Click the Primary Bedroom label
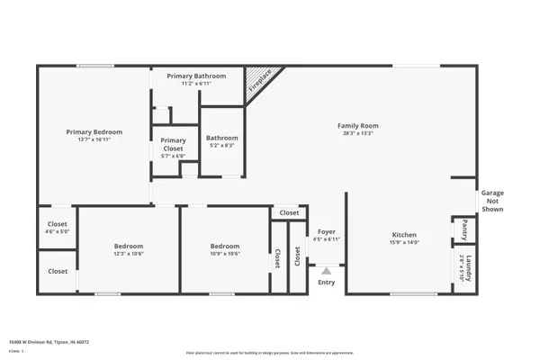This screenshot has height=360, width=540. point(94,132)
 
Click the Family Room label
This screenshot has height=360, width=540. point(357,125)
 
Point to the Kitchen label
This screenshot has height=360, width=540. point(403,235)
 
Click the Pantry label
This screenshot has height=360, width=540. point(464,225)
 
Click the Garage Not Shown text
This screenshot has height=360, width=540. point(492,201)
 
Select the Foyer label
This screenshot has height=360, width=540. point(326,231)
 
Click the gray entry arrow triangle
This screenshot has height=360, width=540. point(326,269)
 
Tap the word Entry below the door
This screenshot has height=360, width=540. point(326,283)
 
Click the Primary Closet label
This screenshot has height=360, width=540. point(173,140)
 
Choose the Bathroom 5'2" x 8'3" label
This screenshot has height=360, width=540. point(220,138)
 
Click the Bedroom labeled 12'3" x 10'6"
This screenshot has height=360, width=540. point(129,246)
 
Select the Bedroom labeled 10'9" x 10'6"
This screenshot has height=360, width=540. point(225,246)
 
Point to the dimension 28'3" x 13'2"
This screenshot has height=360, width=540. point(357,133)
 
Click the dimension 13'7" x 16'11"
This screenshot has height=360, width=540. point(94,139)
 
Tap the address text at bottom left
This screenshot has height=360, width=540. point(49,342)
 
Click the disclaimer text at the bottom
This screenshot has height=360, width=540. point(269,353)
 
